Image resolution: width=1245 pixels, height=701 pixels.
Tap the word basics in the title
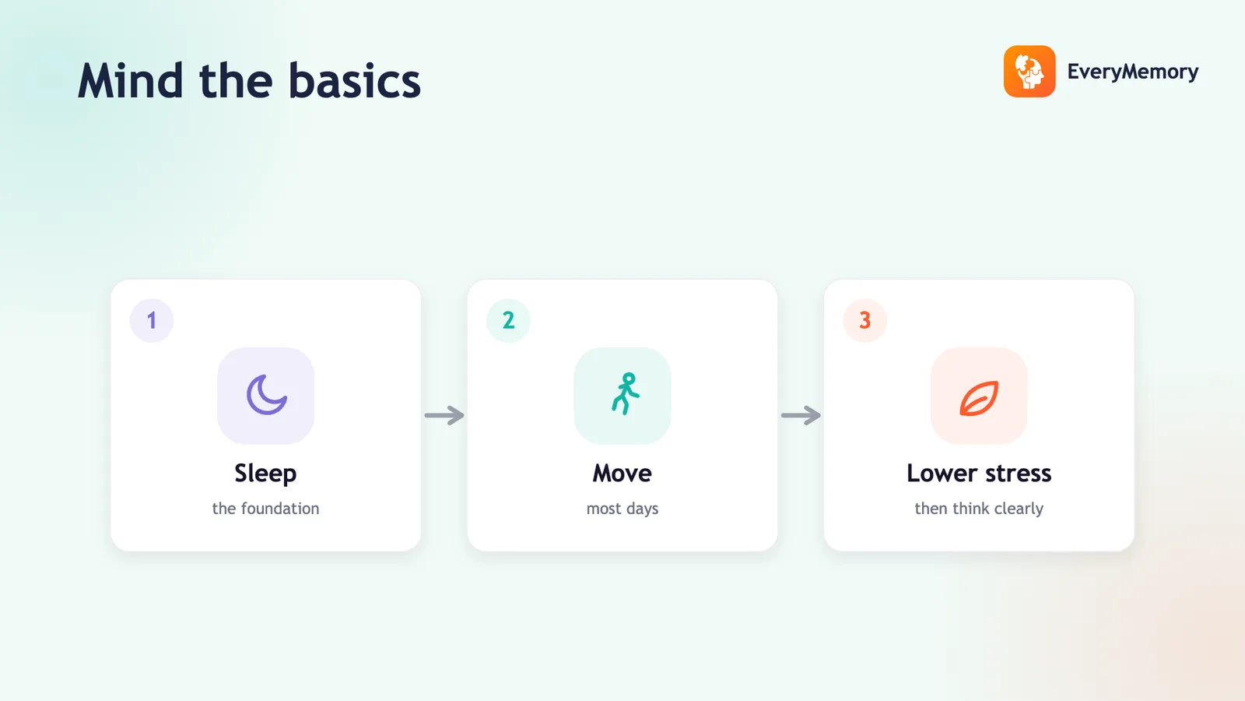point(355,81)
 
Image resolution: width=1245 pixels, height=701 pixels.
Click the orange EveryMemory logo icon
point(1029,71)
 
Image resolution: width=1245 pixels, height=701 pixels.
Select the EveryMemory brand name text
point(1133,72)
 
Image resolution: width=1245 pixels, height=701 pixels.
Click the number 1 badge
point(152,320)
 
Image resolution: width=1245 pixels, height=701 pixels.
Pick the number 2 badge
point(509,320)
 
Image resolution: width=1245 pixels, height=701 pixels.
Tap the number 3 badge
point(864,320)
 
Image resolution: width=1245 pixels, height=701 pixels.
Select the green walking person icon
point(626,393)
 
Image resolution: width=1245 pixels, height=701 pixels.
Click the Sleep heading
point(265,474)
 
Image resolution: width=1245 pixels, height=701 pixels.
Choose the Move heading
point(622,474)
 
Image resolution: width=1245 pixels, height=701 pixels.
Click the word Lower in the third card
point(942,474)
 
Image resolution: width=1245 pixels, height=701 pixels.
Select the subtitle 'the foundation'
point(265,509)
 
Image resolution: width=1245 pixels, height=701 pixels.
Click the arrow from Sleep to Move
point(444,416)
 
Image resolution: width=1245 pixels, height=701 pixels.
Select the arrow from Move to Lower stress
point(801,416)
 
